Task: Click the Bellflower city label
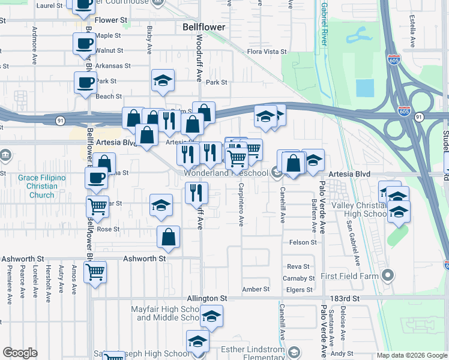click(203, 28)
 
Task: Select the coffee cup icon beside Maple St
click(84, 44)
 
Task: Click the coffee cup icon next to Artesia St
click(96, 178)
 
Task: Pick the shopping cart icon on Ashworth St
click(95, 272)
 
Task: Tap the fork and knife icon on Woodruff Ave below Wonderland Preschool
click(196, 193)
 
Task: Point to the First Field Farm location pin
click(388, 276)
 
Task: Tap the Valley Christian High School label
click(359, 209)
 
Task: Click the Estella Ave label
click(412, 31)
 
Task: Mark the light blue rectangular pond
click(364, 88)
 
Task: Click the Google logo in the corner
click(20, 353)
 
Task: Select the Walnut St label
click(109, 51)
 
